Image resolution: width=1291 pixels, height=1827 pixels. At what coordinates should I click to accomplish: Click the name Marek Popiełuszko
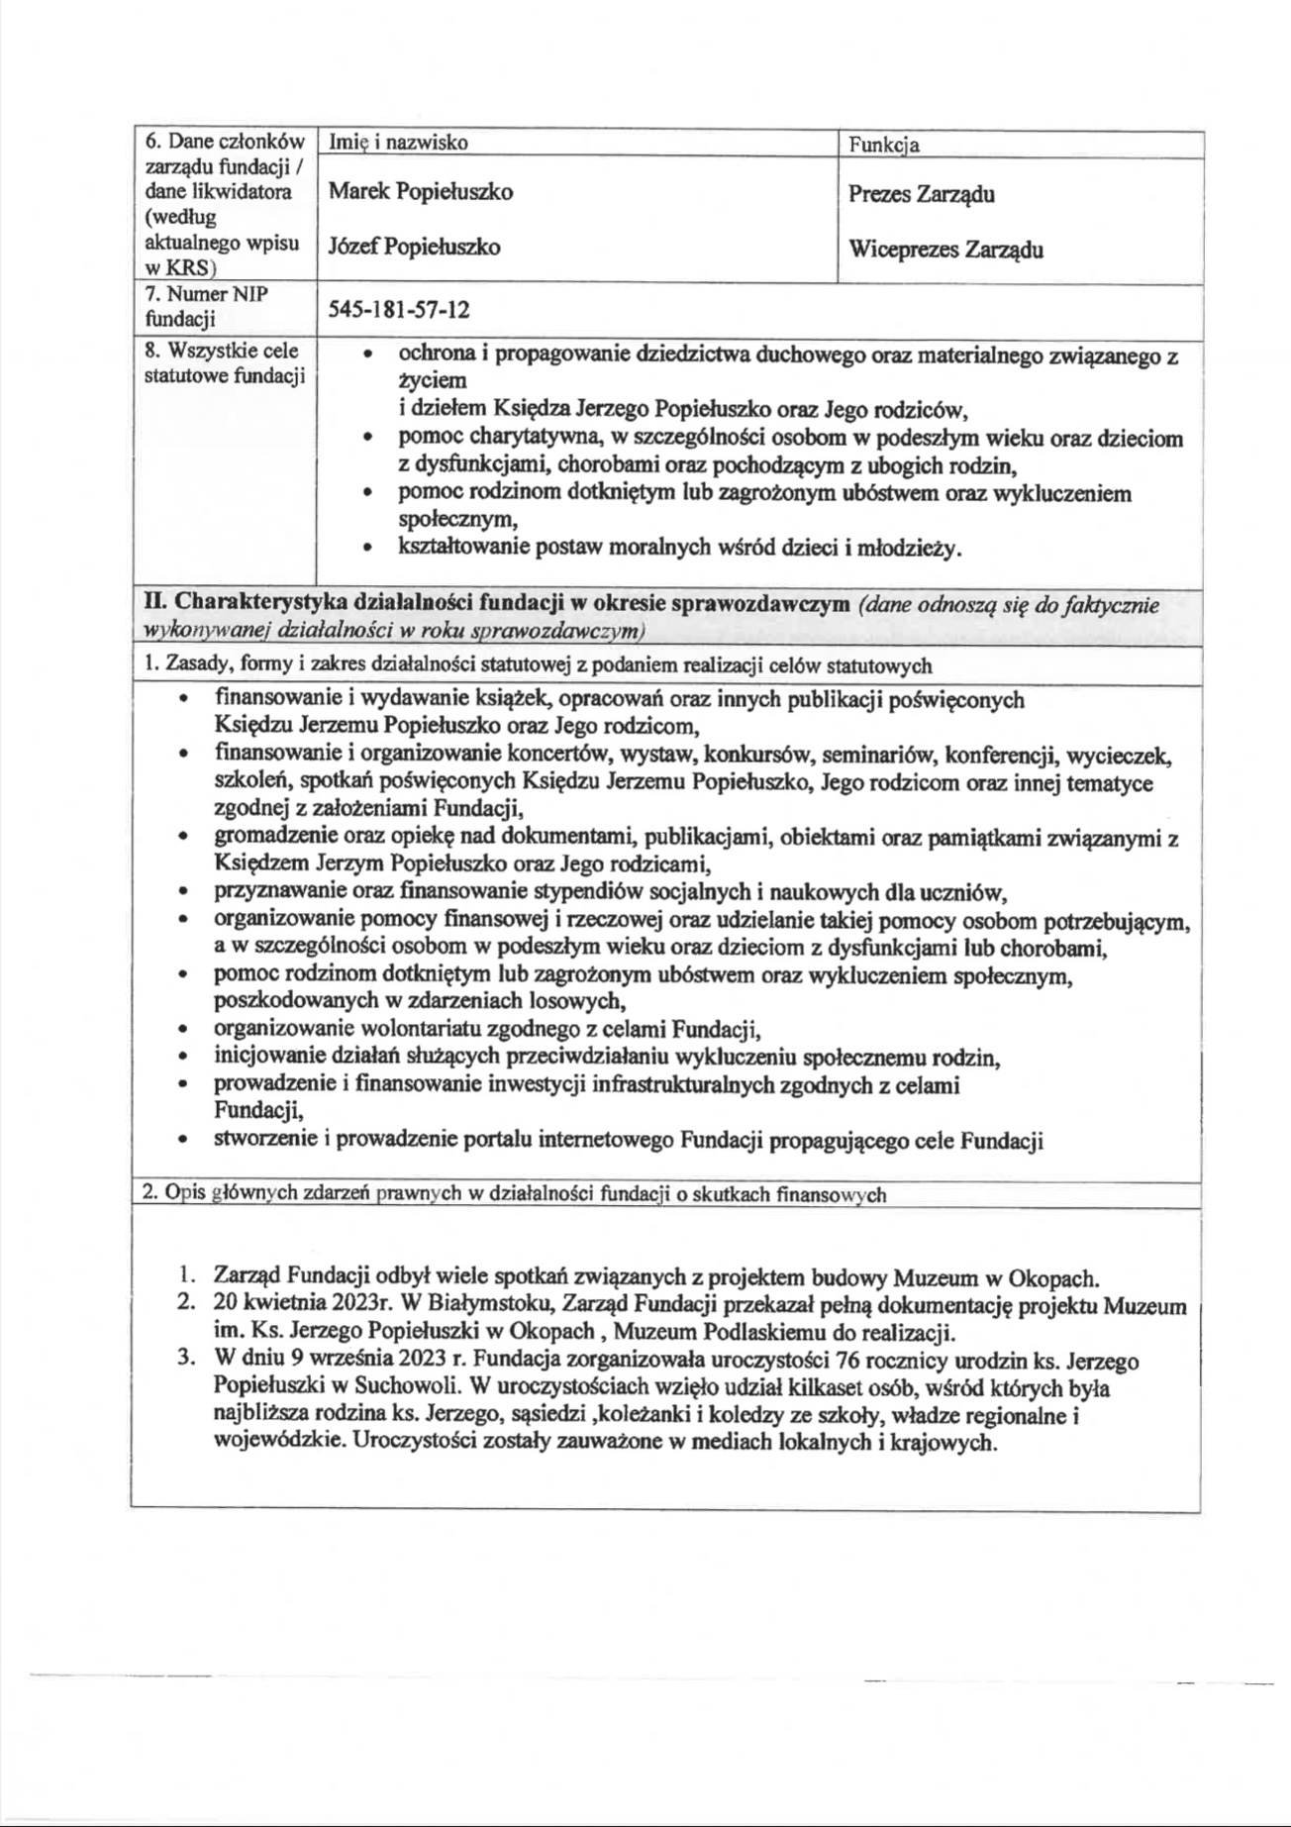[x=420, y=192]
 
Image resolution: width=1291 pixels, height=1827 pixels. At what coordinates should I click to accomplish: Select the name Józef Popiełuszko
[x=414, y=247]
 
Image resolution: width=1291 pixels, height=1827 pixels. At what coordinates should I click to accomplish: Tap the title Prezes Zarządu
[x=921, y=194]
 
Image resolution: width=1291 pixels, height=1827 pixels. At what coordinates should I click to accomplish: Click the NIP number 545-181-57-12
[x=399, y=310]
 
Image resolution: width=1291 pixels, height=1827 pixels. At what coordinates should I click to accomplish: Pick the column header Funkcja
[x=883, y=145]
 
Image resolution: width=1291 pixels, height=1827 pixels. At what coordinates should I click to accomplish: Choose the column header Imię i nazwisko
[x=398, y=143]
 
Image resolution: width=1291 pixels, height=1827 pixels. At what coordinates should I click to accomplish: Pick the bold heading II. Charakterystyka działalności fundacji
[x=496, y=603]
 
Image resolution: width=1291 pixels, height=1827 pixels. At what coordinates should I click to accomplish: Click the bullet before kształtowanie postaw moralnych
[x=368, y=548]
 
